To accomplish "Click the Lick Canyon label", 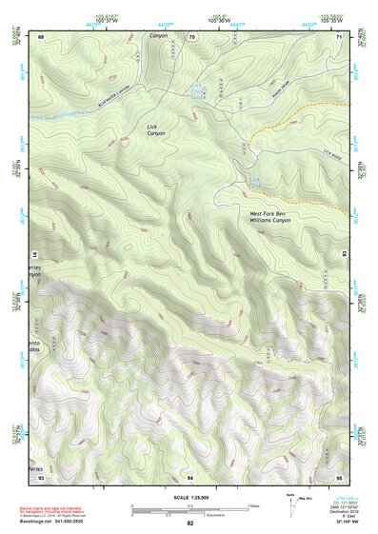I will pyautogui.click(x=156, y=129).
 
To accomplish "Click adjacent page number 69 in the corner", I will pyautogui.click(x=41, y=36).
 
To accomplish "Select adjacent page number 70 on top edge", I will pyautogui.click(x=191, y=36).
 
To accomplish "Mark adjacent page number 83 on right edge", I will pyautogui.click(x=341, y=255).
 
